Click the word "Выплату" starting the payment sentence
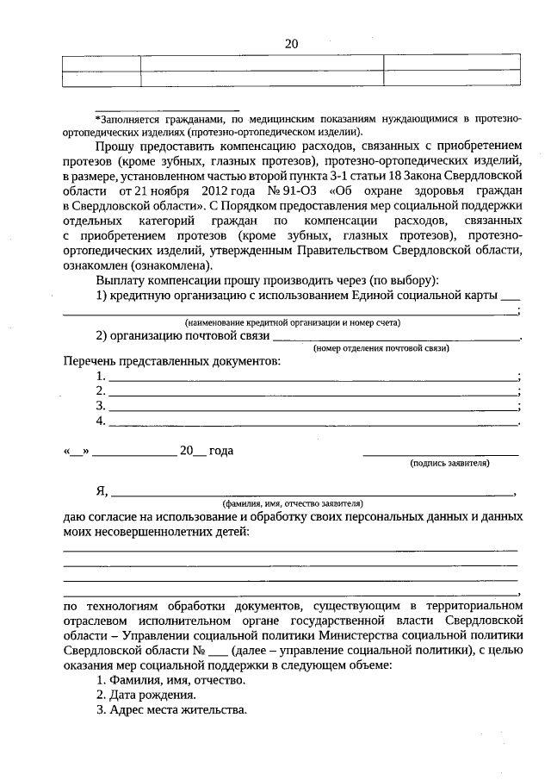tap(122, 280)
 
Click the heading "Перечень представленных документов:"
tap(172, 360)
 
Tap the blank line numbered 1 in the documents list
tap(312, 378)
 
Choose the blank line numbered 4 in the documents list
tap(312, 422)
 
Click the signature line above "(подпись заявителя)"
tap(441, 453)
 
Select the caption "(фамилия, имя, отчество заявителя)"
tap(293, 502)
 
